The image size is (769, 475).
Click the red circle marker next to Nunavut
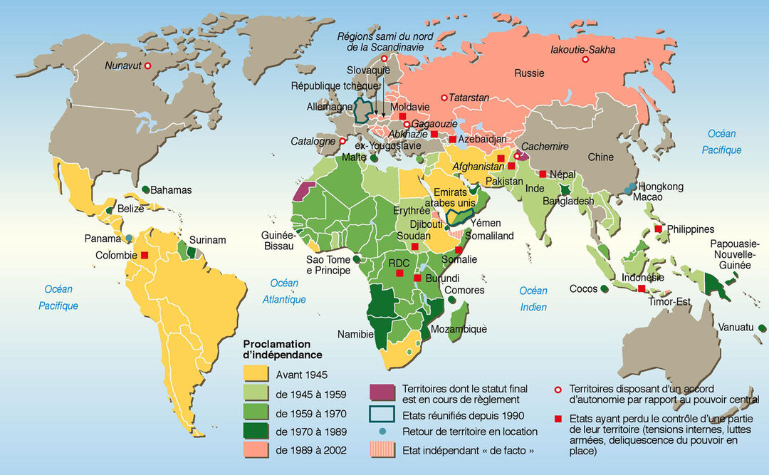click(148, 66)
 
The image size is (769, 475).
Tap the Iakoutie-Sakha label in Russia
click(582, 50)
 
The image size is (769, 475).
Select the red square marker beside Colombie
click(145, 255)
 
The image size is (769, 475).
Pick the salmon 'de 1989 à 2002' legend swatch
click(256, 450)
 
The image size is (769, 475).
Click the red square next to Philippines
click(659, 229)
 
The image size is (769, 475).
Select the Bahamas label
click(171, 190)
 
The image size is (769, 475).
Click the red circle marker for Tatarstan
click(444, 97)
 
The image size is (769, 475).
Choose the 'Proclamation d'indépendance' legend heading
click(283, 349)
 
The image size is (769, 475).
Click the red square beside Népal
click(543, 174)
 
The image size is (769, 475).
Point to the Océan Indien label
click(533, 298)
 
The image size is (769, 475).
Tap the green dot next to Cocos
click(604, 288)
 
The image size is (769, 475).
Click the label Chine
click(600, 157)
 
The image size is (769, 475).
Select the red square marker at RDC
click(399, 273)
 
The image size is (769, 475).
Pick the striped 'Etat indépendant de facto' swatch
click(383, 450)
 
